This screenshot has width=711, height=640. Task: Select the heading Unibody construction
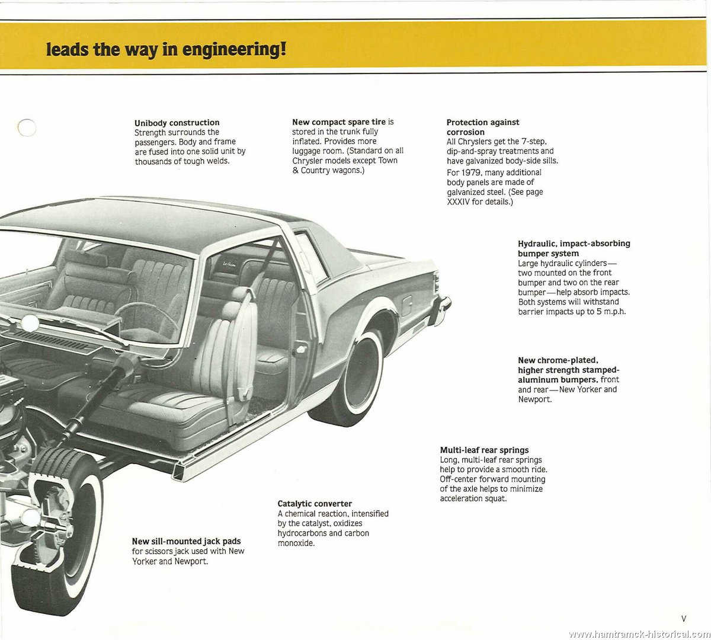177,122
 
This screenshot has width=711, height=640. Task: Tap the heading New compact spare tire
339,121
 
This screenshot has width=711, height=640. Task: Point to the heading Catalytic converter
315,504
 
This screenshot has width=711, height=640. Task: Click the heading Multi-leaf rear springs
484,450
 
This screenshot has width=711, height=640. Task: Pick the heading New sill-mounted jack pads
187,541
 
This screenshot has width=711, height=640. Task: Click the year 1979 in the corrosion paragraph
471,172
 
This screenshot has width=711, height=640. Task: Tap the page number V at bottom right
684,619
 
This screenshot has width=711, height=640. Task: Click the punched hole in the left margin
27,127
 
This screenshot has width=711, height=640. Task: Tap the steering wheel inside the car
147,321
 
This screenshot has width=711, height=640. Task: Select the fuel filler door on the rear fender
406,306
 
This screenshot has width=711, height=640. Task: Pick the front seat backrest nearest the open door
230,351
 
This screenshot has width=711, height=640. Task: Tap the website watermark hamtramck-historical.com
639,634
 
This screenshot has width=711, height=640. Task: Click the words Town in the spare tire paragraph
387,160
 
